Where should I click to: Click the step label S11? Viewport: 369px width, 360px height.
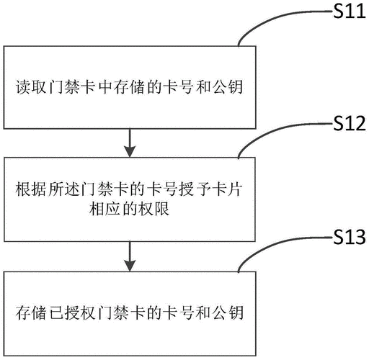tap(350, 12)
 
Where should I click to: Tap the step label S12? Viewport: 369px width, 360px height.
tap(350, 123)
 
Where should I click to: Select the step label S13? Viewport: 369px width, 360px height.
tap(350, 237)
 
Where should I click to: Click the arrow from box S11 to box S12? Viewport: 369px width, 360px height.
tap(130, 143)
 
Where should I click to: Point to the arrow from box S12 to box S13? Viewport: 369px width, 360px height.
tap(130, 256)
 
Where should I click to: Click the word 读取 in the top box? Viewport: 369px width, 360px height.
tap(31, 86)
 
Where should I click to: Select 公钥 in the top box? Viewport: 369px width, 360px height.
tap(228, 86)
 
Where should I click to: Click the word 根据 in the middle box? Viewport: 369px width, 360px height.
tap(31, 189)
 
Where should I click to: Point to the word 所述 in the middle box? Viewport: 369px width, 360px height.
tap(63, 189)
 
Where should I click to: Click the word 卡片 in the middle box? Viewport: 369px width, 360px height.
tap(227, 189)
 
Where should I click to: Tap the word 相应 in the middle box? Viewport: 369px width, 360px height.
tap(105, 209)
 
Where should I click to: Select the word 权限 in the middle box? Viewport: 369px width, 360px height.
tap(154, 209)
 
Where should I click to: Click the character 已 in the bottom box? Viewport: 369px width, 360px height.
tap(56, 312)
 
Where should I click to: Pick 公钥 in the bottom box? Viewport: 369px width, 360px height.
tap(228, 312)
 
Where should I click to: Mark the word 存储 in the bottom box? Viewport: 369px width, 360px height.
tap(31, 312)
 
